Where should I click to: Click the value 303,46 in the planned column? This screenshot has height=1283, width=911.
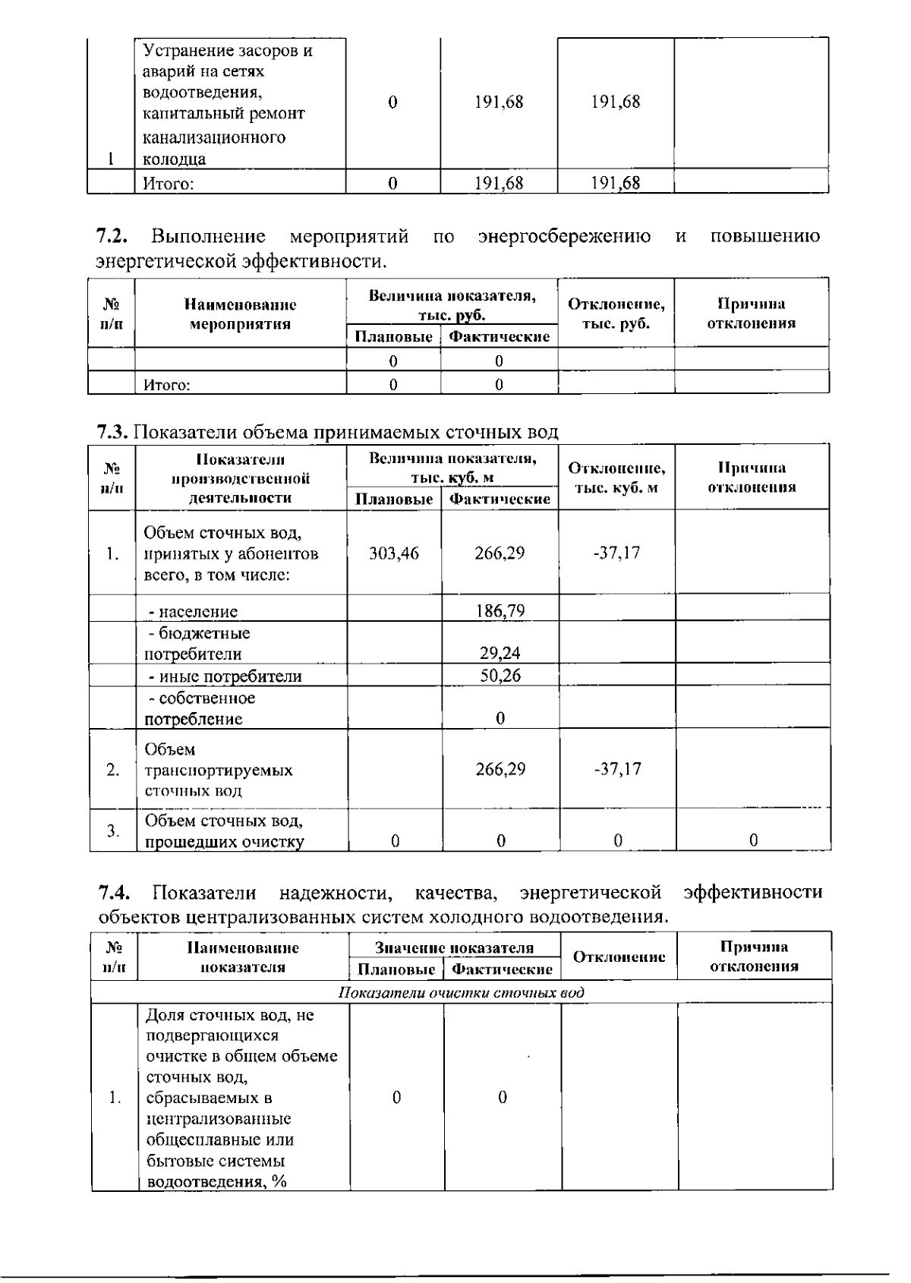tap(393, 553)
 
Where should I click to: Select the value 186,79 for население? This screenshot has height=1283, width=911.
tap(500, 611)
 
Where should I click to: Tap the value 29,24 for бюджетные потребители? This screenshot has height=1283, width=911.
tap(500, 653)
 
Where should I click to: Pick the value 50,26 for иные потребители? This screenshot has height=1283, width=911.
tap(500, 676)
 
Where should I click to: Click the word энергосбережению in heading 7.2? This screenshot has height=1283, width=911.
tap(564, 237)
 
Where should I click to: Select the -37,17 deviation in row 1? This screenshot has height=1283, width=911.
tap(616, 553)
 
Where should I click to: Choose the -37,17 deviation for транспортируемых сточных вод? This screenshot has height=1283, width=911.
tap(617, 769)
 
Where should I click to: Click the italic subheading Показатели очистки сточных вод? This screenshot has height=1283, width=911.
tap(461, 993)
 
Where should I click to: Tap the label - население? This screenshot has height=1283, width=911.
tap(192, 612)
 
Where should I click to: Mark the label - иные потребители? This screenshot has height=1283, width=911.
tap(224, 676)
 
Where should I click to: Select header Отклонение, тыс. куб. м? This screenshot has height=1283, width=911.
tap(616, 478)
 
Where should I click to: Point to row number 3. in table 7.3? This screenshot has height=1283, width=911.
tap(112, 831)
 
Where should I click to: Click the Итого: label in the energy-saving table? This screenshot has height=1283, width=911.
tap(167, 385)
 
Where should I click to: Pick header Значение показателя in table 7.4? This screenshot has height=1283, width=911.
tap(454, 948)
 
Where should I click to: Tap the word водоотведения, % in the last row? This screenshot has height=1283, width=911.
tap(216, 1182)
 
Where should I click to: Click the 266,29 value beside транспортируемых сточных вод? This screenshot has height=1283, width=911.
tap(500, 769)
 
